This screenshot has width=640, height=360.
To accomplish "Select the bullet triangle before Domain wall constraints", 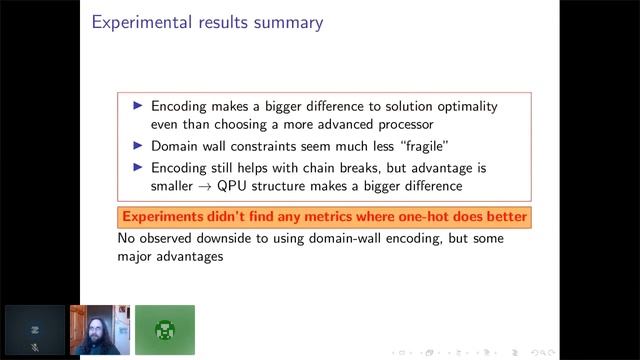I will tap(139, 146).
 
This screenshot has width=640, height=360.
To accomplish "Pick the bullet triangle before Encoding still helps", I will tap(139, 167).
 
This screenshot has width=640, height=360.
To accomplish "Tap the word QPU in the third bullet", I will tap(243, 185).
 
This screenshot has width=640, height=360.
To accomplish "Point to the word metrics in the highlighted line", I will tap(333, 217).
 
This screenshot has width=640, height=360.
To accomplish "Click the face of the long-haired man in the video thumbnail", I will tap(101, 320).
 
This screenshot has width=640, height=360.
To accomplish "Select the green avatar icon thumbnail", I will tap(165, 329).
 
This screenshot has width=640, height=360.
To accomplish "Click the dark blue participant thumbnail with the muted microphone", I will tap(34, 330).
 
